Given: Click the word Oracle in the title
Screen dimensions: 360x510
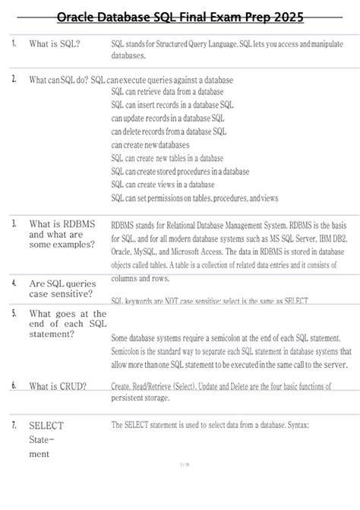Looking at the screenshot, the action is pos(77,17).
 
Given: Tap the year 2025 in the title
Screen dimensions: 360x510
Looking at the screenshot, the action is pos(284,17).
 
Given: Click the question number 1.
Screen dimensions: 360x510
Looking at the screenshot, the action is pos(15,43).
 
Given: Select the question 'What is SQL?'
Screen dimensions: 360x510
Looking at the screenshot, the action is pos(55,44).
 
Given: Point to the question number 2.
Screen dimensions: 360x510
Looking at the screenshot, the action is pos(15,79).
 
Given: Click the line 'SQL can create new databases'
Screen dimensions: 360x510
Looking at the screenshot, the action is pos(150,144).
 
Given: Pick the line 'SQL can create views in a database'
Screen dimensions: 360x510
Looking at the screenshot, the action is pos(163,184).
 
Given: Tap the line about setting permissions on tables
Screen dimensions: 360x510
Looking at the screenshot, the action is pos(195,198).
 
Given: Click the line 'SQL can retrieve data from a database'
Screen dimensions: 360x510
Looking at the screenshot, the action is pos(167,91).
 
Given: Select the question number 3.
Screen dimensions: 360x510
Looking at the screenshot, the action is pos(15,223).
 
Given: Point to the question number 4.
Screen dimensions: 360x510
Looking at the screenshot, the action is pos(15,281).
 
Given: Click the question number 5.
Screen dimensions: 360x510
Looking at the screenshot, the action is pos(15,312).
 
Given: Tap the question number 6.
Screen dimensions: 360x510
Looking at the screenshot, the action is pos(15,385).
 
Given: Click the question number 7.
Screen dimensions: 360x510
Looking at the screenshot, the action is pos(15,425).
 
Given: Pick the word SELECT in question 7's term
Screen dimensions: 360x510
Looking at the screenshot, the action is pos(46,426).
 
